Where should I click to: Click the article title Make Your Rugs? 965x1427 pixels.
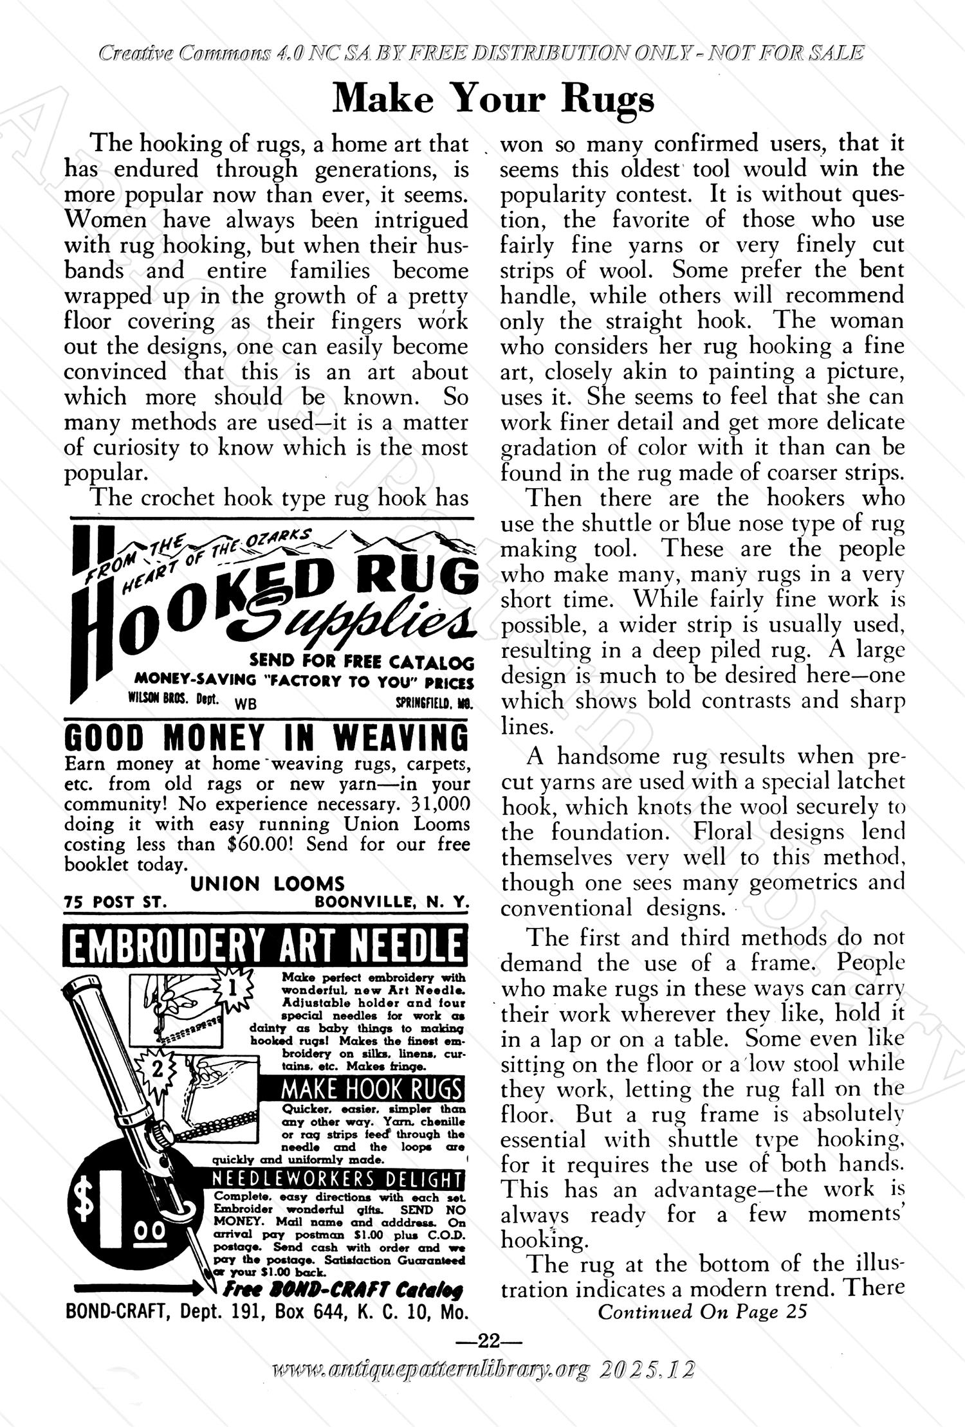click(x=494, y=100)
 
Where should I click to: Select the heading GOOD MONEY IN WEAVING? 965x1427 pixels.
click(x=267, y=738)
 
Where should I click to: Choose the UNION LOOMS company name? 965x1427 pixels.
click(x=267, y=884)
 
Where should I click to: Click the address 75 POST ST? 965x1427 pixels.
click(x=116, y=902)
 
